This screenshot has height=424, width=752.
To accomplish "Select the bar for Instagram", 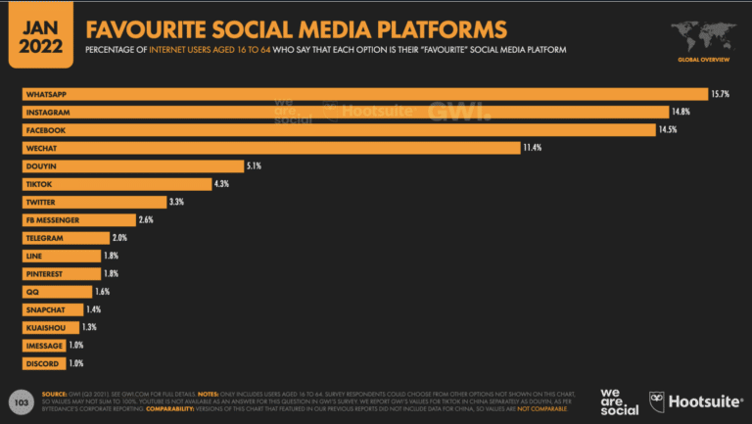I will (343, 112).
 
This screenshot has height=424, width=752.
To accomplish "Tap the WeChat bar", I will (271, 148).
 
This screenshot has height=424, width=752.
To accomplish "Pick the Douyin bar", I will (132, 165).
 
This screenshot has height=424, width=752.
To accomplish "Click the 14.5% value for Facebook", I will (671, 130).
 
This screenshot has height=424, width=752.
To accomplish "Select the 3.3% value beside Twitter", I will (176, 202).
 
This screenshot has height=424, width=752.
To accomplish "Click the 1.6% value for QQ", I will (103, 292).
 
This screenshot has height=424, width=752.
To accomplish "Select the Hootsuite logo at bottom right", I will (697, 400).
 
